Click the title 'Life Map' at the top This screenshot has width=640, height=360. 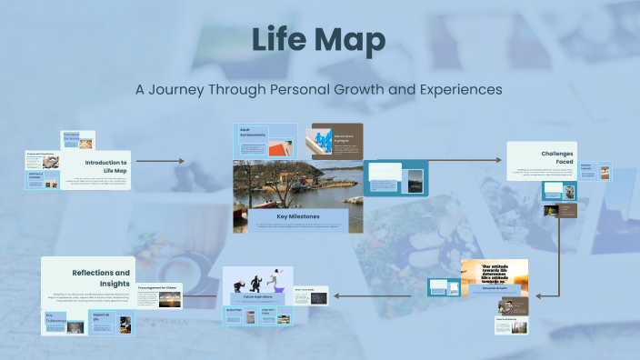tap(318, 41)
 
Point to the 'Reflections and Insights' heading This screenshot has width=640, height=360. tap(101, 277)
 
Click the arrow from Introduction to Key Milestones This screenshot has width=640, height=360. tap(165, 161)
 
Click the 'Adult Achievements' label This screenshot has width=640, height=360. tap(253, 133)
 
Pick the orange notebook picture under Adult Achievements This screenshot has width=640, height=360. tap(282, 146)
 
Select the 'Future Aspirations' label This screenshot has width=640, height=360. tap(257, 297)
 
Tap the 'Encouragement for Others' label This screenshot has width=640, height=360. tap(159, 287)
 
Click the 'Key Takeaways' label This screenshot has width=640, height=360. tap(56, 317)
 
